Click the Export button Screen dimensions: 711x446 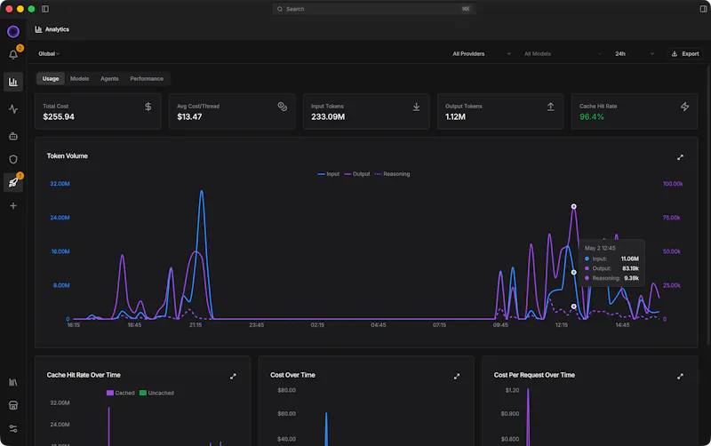click(x=685, y=53)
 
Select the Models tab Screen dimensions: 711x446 click(x=79, y=78)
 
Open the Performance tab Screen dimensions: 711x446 click(x=147, y=78)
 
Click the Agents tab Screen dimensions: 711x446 click(x=109, y=78)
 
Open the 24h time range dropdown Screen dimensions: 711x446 click(x=634, y=53)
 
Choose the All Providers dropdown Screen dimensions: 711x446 click(x=482, y=53)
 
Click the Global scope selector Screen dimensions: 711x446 click(x=49, y=53)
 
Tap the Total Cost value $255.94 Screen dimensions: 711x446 click(x=59, y=116)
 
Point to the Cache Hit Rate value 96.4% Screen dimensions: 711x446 click(x=591, y=116)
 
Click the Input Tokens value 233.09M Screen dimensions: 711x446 click(x=328, y=116)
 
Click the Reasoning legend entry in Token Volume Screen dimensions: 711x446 click(x=392, y=174)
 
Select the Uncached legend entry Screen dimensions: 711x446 click(x=156, y=393)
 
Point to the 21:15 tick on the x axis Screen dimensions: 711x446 click(x=196, y=325)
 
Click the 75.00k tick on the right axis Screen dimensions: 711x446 click(x=671, y=218)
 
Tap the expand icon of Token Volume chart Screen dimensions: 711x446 click(x=680, y=157)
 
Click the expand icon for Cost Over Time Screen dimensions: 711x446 click(x=457, y=376)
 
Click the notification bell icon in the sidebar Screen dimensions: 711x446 click(x=13, y=55)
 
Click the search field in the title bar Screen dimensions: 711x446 click(x=374, y=9)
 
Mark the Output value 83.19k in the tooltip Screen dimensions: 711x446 click(x=630, y=268)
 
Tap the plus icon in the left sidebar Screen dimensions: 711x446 click(x=13, y=206)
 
